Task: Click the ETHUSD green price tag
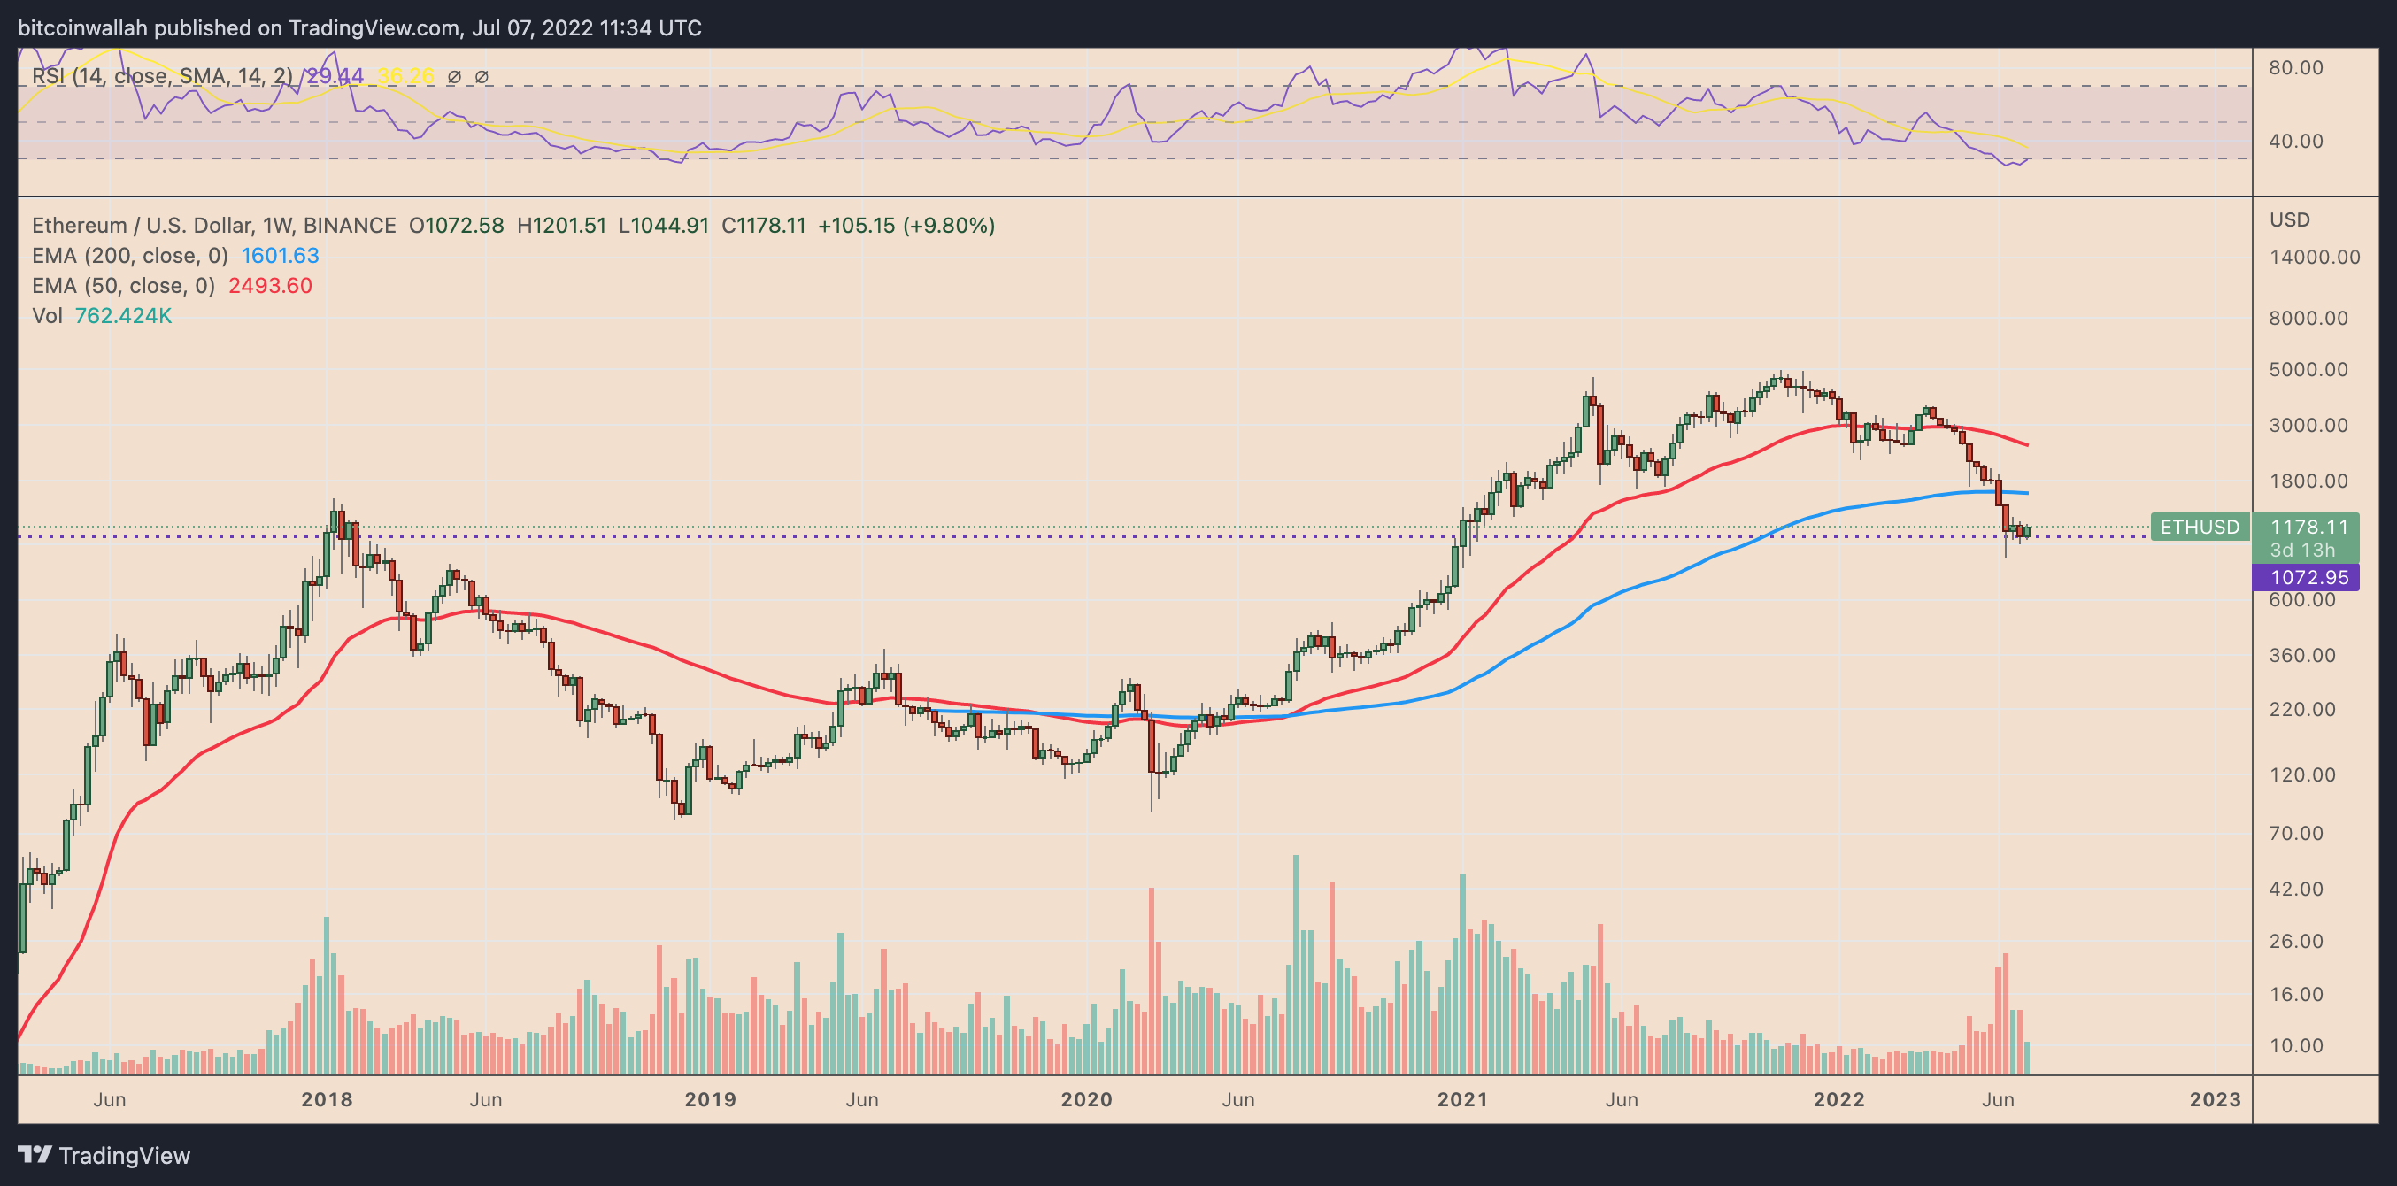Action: tap(2200, 527)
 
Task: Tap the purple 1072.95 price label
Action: tap(2305, 577)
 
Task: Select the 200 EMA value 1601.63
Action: tap(280, 255)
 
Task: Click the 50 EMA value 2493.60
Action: tap(271, 286)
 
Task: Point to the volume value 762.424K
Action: tap(123, 315)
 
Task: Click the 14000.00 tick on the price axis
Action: tap(2314, 257)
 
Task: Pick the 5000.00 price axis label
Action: tap(2308, 369)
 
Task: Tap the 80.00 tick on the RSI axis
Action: tap(2295, 67)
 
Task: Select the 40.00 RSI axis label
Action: tap(2295, 141)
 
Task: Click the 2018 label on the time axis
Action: tap(328, 1099)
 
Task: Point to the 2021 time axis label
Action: tap(1463, 1099)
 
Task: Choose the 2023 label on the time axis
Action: tap(2216, 1099)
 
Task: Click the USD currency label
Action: tap(2290, 219)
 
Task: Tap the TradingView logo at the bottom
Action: tap(104, 1155)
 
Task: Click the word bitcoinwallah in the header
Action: tap(83, 28)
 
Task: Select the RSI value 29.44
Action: tap(335, 76)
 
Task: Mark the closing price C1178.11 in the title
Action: tap(764, 225)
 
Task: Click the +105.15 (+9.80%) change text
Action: tap(906, 225)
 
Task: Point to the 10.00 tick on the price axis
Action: tap(2295, 1045)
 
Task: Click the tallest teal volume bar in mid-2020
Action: tap(1295, 965)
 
